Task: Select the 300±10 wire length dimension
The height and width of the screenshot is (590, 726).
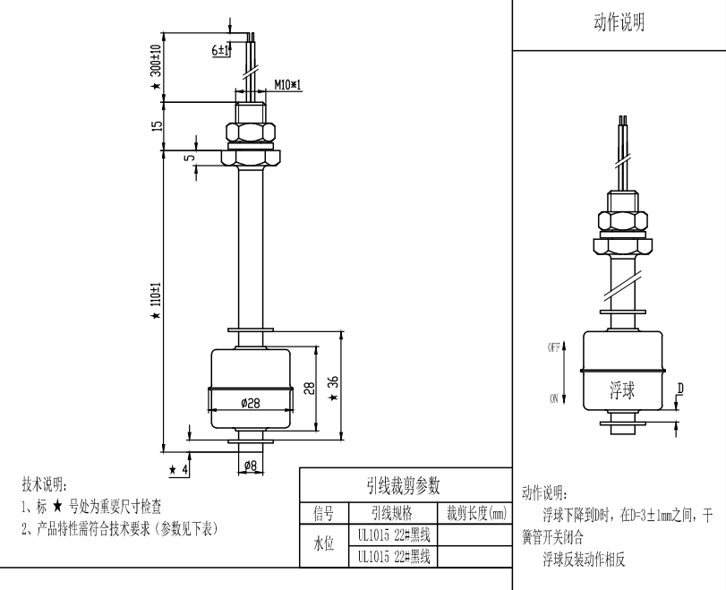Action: [x=155, y=63]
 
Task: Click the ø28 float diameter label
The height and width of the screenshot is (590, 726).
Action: [x=251, y=404]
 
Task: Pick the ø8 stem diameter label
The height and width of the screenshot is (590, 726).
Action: [x=251, y=466]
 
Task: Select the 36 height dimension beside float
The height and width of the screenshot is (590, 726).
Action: [x=334, y=383]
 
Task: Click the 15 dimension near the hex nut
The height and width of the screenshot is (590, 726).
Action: [x=156, y=126]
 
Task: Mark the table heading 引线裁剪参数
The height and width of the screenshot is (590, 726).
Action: [x=405, y=484]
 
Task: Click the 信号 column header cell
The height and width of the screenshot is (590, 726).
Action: [x=322, y=513]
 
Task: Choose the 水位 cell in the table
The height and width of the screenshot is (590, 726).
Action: [x=322, y=545]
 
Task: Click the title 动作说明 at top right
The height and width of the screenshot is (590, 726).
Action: [x=619, y=23]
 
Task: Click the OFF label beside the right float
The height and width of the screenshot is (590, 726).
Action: [x=553, y=346]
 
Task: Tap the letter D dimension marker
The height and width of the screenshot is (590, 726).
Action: [x=680, y=388]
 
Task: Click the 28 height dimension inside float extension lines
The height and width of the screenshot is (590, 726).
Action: [x=308, y=388]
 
